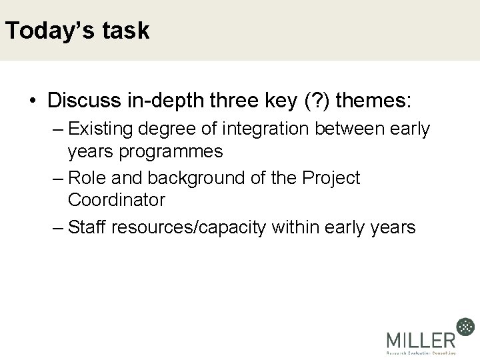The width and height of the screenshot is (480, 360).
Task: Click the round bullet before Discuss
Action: click(32, 102)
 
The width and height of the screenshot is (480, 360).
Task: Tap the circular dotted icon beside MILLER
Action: click(465, 327)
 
